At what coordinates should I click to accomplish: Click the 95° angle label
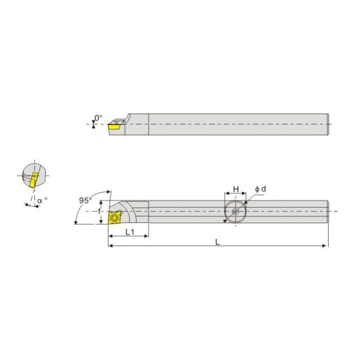point(85,200)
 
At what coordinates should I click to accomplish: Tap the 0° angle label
point(99,118)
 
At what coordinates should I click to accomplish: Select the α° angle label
point(42,200)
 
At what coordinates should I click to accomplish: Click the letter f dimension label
point(99,211)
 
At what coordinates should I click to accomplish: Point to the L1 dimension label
point(130,232)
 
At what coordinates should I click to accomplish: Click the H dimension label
point(236,189)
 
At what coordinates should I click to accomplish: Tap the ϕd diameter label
point(261,189)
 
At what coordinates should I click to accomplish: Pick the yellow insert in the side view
point(115,126)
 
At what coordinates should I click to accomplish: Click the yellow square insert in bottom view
point(114,217)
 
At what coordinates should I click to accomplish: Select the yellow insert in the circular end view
point(34,180)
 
